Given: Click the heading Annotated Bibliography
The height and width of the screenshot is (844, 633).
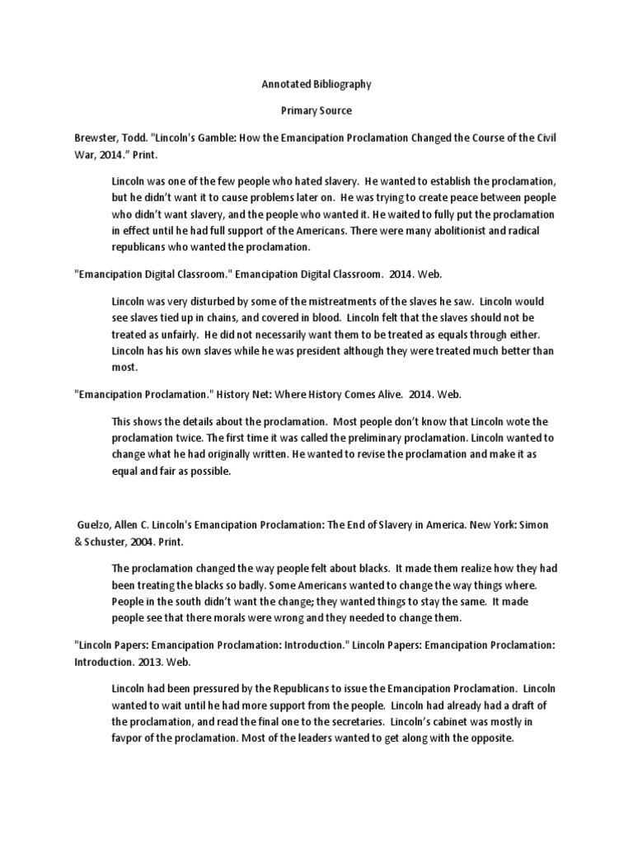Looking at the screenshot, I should [x=316, y=84].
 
